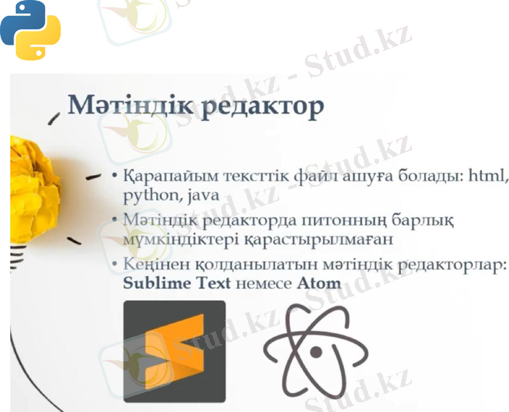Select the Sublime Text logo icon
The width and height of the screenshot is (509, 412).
coord(174,351)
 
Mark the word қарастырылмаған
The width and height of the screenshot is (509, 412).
coord(317,240)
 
